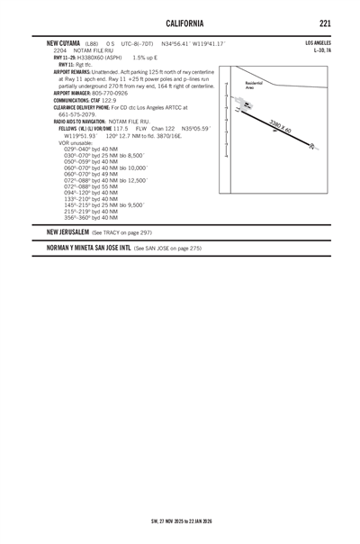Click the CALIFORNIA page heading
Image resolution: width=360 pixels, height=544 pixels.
(179, 22)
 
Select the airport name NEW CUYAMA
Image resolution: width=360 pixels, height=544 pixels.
(64, 43)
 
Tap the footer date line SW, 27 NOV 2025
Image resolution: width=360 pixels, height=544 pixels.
(180, 521)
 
